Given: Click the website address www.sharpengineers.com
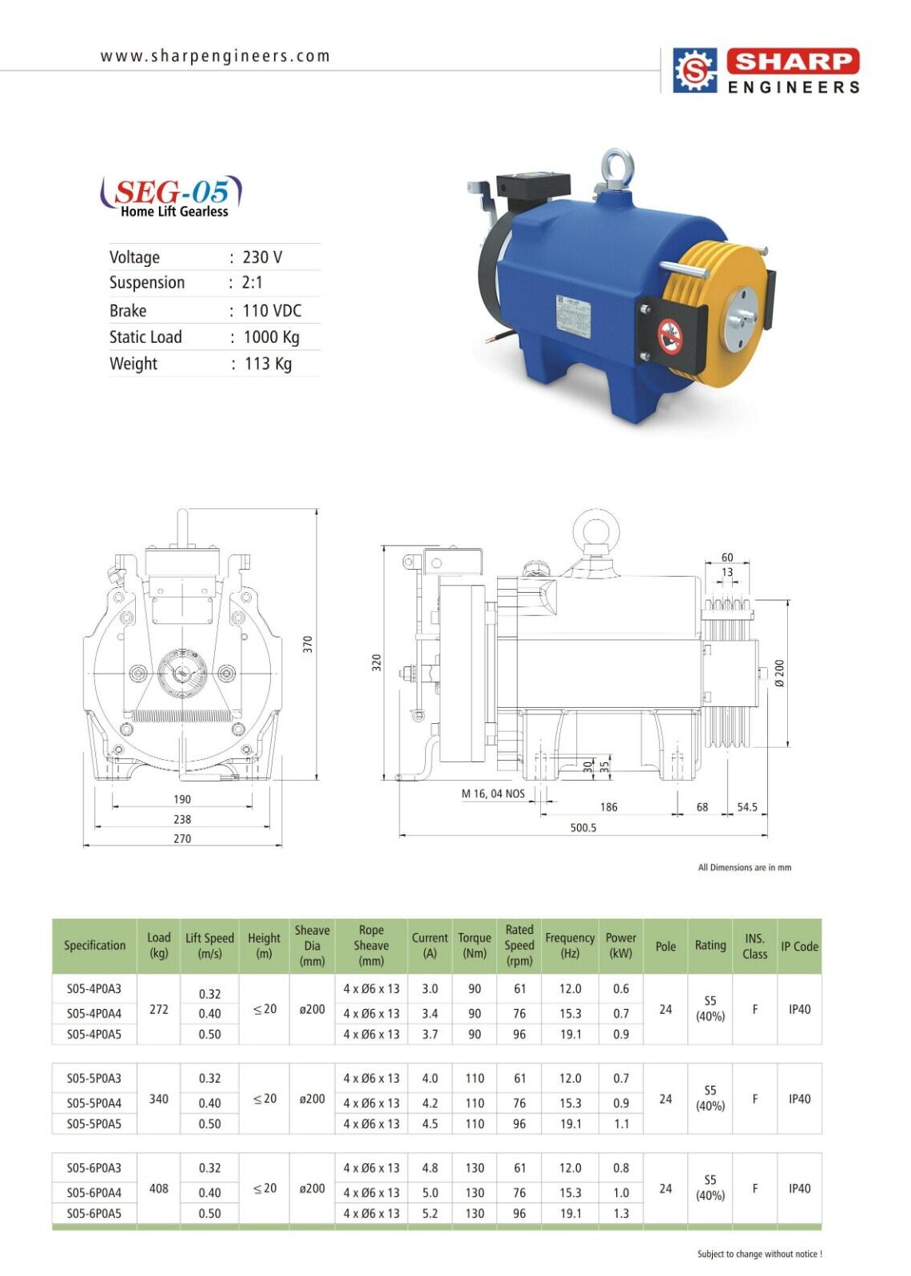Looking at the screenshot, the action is (215, 57).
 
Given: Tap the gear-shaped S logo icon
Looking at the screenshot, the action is (695, 70).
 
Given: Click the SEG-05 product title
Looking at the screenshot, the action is (172, 192).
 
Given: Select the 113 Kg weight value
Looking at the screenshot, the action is (268, 364).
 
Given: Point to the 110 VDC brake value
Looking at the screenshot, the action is (272, 311).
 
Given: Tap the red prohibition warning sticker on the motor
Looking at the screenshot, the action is (670, 336).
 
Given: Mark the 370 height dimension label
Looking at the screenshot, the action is (308, 644).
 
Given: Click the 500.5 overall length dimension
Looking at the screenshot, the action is (583, 827).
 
